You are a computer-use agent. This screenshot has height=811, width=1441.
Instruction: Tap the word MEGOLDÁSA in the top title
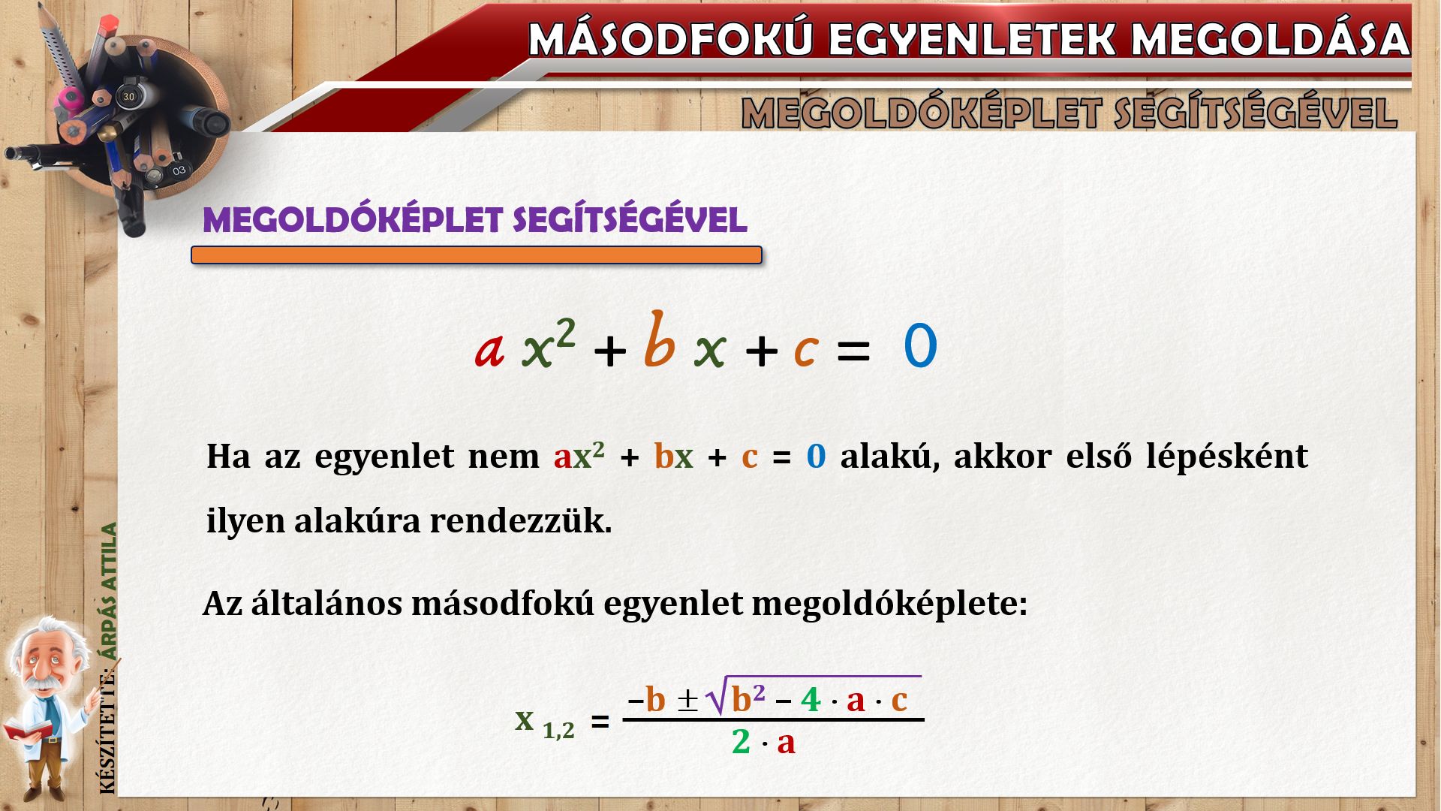(1271, 39)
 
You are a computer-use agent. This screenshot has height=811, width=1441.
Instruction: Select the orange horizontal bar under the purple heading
(477, 255)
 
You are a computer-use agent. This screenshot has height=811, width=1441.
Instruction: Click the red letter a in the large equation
(489, 351)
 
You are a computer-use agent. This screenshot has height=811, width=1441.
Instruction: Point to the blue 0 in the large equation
(920, 346)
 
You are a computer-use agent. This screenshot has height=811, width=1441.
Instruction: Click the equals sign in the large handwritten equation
(853, 351)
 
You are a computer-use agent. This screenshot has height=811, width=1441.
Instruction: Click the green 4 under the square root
(811, 700)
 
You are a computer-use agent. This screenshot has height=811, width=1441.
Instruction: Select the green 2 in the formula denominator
(741, 743)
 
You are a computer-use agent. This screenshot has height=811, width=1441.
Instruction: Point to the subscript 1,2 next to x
(558, 731)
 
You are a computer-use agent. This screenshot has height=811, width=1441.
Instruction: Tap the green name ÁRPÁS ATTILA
(110, 591)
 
